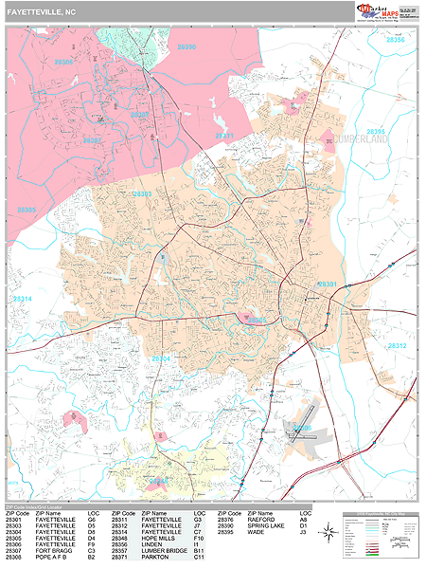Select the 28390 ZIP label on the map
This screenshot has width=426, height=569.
[x=186, y=46]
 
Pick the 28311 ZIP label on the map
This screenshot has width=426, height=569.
[x=224, y=137]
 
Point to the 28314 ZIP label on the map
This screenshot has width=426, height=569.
[x=21, y=299]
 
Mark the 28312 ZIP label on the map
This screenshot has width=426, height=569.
[x=397, y=346]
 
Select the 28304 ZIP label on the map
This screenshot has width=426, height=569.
[x=161, y=358]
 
